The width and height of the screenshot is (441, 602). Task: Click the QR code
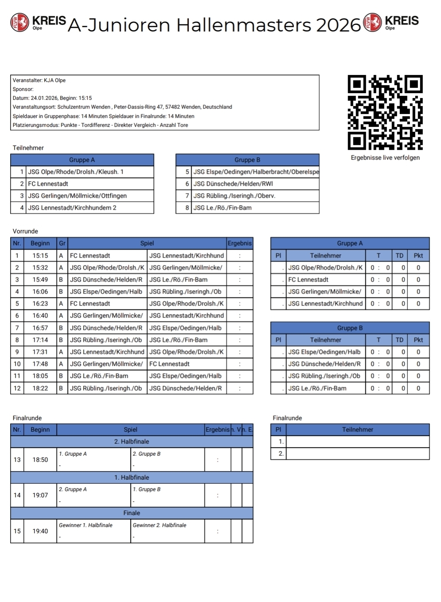[385, 112]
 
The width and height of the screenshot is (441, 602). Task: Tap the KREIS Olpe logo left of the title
[39, 23]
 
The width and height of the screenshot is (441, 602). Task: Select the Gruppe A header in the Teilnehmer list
[82, 160]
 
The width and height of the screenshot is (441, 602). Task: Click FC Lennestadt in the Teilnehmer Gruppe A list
[48, 184]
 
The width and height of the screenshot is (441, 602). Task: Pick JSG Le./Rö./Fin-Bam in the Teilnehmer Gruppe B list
[222, 207]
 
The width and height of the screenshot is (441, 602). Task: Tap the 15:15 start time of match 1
[40, 256]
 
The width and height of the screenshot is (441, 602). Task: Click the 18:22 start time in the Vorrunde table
[40, 388]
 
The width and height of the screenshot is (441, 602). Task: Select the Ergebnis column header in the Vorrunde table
[240, 243]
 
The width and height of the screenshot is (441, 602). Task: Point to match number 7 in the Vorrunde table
[17, 328]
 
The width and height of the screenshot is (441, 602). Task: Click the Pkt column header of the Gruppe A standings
[418, 256]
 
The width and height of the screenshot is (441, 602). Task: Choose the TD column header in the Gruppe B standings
[399, 340]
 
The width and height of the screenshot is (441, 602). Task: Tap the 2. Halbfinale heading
[132, 442]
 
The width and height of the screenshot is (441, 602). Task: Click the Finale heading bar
[132, 513]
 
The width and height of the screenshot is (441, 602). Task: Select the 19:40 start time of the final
[40, 531]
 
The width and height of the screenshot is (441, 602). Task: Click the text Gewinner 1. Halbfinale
[85, 525]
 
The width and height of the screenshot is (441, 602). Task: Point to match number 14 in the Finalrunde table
[17, 495]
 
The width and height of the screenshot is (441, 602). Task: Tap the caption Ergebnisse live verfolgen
[385, 158]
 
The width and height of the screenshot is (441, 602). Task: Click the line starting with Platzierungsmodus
[101, 125]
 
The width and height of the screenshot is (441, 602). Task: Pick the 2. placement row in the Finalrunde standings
[350, 453]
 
